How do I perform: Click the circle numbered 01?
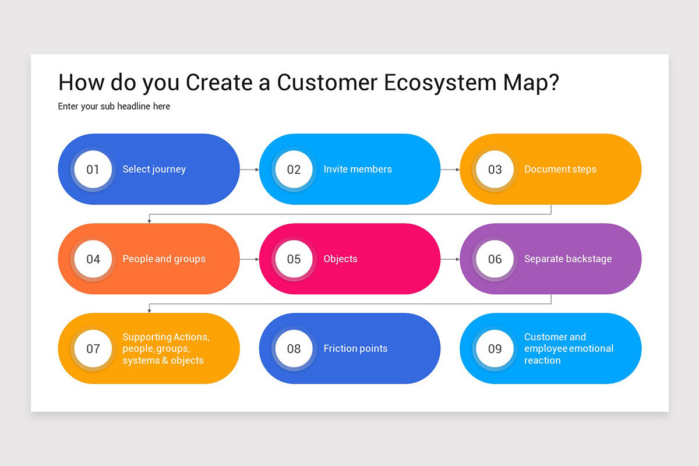pyautogui.click(x=93, y=170)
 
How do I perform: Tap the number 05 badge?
pyautogui.click(x=294, y=259)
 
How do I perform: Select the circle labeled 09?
pyautogui.click(x=495, y=349)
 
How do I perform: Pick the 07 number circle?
pyautogui.click(x=93, y=349)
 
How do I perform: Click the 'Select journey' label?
pyautogui.click(x=154, y=170)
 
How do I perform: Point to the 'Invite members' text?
pyautogui.click(x=358, y=170)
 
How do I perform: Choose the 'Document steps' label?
pyautogui.click(x=560, y=170)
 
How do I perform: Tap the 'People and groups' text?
pyautogui.click(x=164, y=259)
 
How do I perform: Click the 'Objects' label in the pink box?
pyautogui.click(x=340, y=259)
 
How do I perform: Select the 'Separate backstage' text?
pyautogui.click(x=567, y=259)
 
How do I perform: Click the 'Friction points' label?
pyautogui.click(x=355, y=349)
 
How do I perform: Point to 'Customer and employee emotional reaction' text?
pyautogui.click(x=569, y=349)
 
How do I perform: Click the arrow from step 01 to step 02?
pyautogui.click(x=249, y=170)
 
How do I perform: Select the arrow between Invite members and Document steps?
pyautogui.click(x=450, y=170)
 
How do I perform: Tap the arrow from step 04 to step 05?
pyautogui.click(x=249, y=259)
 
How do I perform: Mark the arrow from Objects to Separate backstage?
pyautogui.click(x=450, y=259)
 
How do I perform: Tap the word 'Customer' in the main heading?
pyautogui.click(x=327, y=83)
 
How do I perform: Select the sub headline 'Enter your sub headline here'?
pyautogui.click(x=114, y=107)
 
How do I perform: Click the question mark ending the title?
pyautogui.click(x=553, y=83)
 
